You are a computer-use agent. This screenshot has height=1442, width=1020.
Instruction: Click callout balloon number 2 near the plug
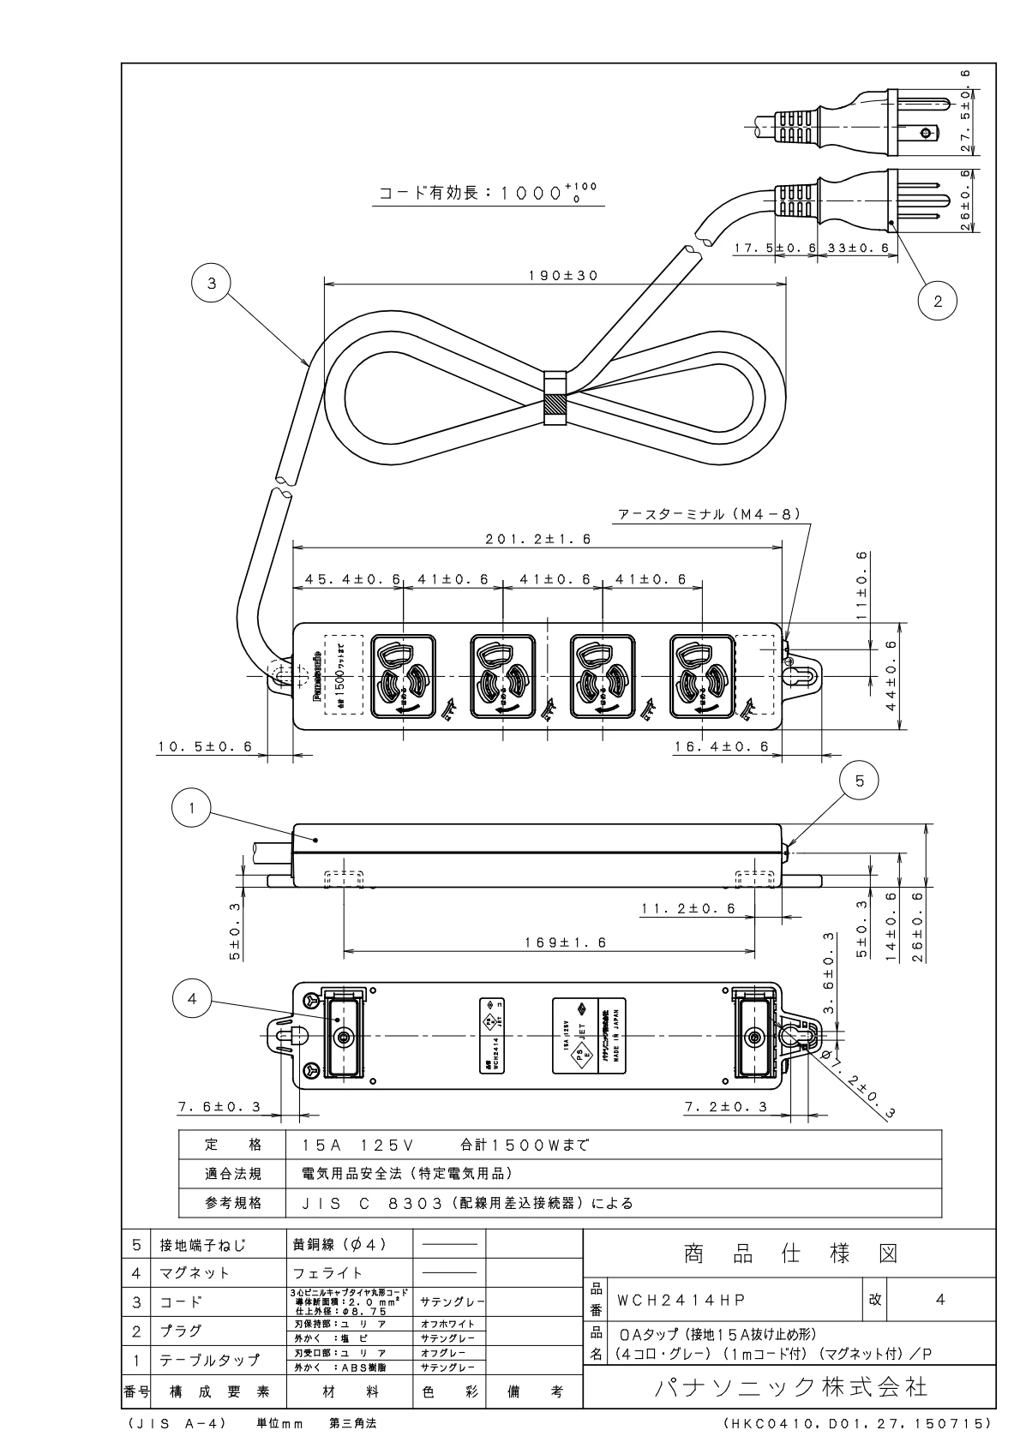point(937,301)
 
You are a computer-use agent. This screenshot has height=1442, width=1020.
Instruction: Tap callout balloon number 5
point(860,781)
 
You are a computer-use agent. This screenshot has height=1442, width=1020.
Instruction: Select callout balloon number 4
point(192,999)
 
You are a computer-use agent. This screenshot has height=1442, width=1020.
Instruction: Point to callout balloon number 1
point(193,808)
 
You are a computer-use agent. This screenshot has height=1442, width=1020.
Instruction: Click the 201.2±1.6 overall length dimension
point(537,540)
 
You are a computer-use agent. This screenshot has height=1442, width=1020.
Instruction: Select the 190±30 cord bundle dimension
point(555,276)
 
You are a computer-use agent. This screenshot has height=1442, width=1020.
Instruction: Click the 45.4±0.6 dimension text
point(348,579)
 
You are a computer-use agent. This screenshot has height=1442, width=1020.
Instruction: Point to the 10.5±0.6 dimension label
point(206,747)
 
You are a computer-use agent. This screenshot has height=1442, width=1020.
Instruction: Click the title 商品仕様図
point(790,1255)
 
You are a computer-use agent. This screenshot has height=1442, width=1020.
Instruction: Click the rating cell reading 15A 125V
point(360,1146)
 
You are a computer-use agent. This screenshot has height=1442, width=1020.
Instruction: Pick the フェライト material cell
point(328,1273)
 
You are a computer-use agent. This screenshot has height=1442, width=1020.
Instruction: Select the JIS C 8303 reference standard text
point(467,1204)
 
